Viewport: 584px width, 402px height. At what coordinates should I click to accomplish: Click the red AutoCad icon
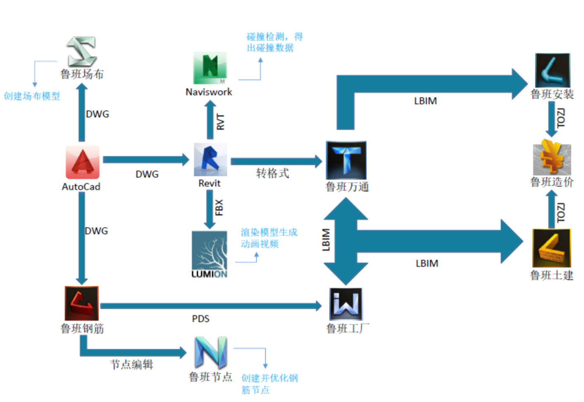[82, 162]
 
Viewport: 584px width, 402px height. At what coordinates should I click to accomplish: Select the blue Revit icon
[210, 160]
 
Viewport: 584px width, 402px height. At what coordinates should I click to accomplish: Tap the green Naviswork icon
[210, 68]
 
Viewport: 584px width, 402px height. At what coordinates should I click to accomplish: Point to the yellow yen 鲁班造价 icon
[552, 158]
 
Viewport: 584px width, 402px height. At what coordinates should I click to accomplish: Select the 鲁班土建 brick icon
[551, 248]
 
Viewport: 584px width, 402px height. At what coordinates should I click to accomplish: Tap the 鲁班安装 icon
[552, 70]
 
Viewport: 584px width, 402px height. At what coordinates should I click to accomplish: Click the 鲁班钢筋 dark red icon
[82, 303]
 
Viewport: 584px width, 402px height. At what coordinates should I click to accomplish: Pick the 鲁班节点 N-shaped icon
[211, 352]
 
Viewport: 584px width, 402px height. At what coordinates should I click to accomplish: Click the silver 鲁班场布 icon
[82, 51]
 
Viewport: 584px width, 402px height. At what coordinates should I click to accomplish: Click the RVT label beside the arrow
[220, 122]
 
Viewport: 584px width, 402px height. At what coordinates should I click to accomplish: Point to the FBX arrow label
[219, 208]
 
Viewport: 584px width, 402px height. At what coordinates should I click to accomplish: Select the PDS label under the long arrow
[200, 319]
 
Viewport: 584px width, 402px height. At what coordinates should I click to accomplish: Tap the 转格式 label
[272, 173]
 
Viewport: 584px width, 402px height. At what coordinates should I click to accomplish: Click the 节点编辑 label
[131, 364]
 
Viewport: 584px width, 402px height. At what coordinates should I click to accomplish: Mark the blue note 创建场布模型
[32, 96]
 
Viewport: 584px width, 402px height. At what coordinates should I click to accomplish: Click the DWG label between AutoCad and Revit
[147, 175]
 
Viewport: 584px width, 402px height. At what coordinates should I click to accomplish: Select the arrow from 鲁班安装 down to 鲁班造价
[551, 119]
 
